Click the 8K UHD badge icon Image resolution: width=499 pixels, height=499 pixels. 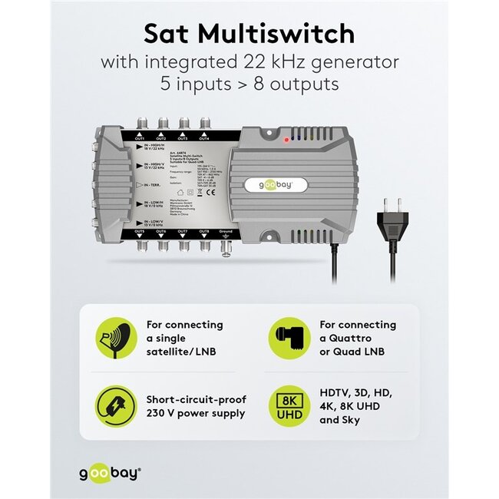point(288,406)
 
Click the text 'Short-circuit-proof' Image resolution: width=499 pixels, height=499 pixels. point(195,399)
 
